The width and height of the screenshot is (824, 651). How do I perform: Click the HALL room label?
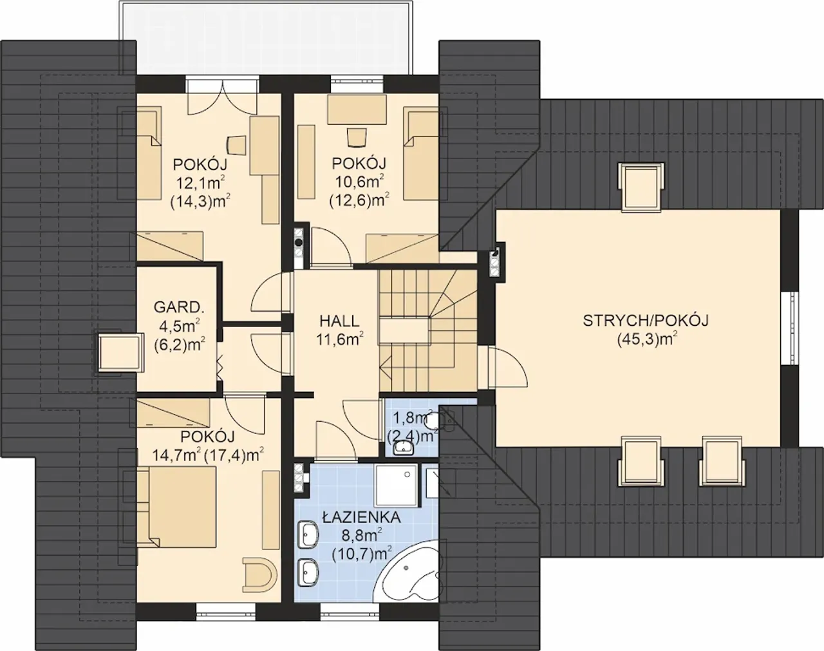(339, 321)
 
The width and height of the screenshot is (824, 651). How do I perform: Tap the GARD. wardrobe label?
(177, 307)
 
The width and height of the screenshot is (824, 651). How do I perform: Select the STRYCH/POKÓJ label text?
(646, 321)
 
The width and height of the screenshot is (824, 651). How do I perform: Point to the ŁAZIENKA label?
(361, 518)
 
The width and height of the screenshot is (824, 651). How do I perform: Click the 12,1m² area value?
(200, 183)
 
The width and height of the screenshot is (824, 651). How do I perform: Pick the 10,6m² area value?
(360, 182)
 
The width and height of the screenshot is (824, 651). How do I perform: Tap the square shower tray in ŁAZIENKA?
(397, 485)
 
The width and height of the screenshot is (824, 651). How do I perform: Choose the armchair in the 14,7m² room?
(259, 574)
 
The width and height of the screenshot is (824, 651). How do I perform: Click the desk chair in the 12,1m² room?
(237, 145)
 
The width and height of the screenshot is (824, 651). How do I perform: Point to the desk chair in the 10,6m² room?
(356, 138)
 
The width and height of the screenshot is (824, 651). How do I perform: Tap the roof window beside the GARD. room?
(119, 352)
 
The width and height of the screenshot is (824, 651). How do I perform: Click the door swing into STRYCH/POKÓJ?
(510, 367)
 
